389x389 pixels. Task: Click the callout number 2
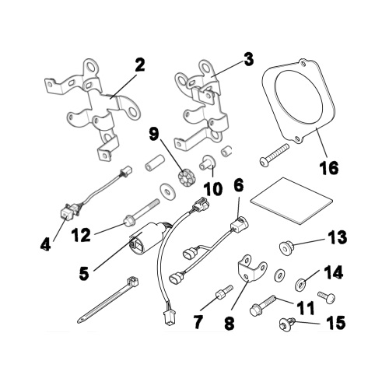[x=140, y=65]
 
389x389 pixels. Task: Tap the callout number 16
[x=329, y=167]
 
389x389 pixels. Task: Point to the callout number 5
[x=84, y=273]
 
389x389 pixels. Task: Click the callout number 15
[x=336, y=323]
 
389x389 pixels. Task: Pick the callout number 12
[x=81, y=234]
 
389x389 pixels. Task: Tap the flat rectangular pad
[x=291, y=201]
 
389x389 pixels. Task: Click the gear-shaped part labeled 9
[x=186, y=178]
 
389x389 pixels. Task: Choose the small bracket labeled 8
[x=252, y=268]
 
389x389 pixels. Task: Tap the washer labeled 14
[x=302, y=284]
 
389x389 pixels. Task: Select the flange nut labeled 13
[x=286, y=247]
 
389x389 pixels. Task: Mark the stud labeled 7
[x=224, y=293]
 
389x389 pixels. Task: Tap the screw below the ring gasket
[x=275, y=155]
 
